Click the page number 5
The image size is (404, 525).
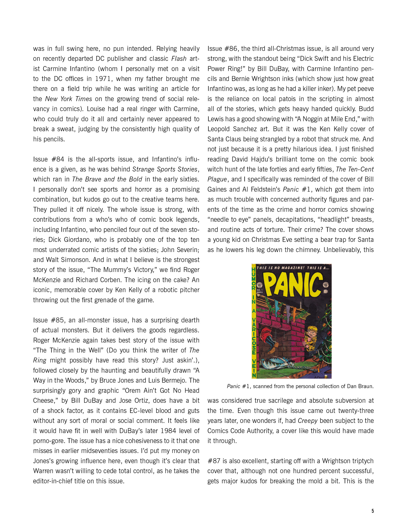coord(372,511)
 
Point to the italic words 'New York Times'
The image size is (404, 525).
coord(69,99)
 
